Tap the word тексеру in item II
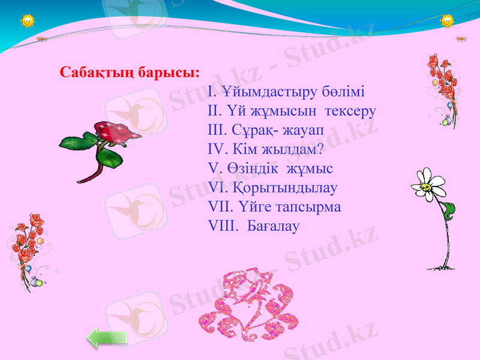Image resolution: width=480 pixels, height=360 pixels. point(352,112)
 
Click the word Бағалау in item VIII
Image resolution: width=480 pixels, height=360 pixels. point(274,226)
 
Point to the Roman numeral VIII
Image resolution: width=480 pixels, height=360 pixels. point(221,226)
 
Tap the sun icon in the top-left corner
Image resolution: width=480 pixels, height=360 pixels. point(28,21)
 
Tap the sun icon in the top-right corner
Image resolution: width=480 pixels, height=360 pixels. point(448,21)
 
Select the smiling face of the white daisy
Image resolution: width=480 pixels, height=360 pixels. point(427,187)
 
